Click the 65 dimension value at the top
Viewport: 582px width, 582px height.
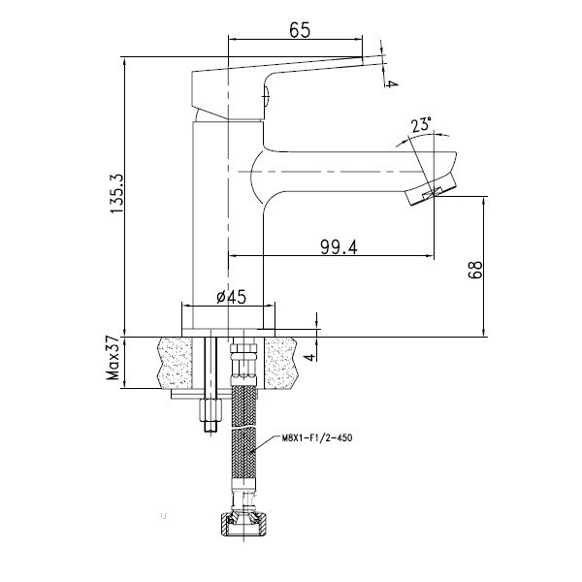299,30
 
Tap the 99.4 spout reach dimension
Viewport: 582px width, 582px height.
339,247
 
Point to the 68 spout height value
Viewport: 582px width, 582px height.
475,270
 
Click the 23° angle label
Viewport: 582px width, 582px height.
421,125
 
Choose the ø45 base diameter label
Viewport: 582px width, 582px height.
231,297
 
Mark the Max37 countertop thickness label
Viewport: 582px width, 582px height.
113,358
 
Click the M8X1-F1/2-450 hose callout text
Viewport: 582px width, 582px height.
317,438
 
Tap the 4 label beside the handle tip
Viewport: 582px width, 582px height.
391,84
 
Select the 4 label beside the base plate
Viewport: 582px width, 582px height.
310,357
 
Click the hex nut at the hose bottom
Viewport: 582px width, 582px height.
243,524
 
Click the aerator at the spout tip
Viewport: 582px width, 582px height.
431,190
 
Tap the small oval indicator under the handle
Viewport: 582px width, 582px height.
266,95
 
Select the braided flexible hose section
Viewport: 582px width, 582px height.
243,433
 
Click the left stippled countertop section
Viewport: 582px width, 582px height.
176,363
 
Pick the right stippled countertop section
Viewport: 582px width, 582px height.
281,363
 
